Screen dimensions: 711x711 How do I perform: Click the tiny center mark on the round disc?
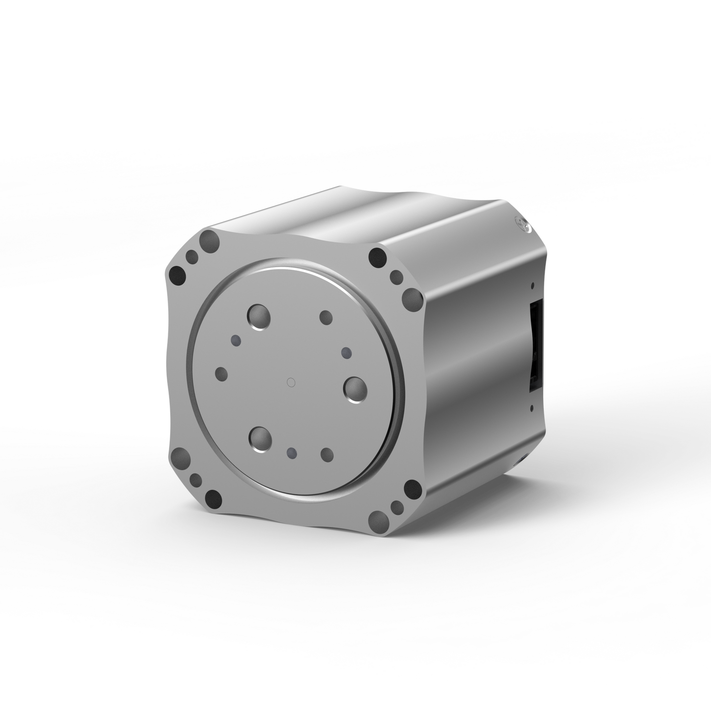pyautogui.click(x=290, y=381)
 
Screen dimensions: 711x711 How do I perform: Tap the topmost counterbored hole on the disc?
pyautogui.click(x=259, y=316)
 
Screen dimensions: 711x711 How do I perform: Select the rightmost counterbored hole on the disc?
pyautogui.click(x=355, y=389)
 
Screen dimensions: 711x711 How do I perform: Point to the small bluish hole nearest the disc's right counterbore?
pyautogui.click(x=346, y=352)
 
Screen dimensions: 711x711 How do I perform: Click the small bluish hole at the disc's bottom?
pyautogui.click(x=292, y=452)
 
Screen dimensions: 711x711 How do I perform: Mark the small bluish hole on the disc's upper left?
pyautogui.click(x=236, y=340)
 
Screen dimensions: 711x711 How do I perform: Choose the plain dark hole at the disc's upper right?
pyautogui.click(x=326, y=317)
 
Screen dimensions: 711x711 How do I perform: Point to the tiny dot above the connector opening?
pyautogui.click(x=532, y=285)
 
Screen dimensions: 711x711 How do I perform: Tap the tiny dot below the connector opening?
pyautogui.click(x=532, y=408)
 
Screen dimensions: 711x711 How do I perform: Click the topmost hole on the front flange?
pyautogui.click(x=211, y=241)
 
